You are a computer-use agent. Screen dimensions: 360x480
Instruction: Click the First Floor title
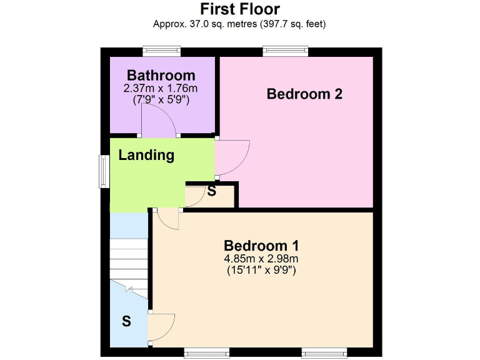point(239,9)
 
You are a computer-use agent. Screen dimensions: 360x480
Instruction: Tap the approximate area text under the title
point(239,24)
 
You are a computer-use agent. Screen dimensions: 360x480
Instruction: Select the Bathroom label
point(161,76)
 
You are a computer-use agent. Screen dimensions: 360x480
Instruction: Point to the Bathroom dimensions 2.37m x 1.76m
point(161,88)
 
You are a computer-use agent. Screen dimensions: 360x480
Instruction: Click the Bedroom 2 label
point(304,94)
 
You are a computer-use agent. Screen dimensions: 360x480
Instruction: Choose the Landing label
point(146,155)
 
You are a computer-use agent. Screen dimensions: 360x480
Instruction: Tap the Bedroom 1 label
point(261,244)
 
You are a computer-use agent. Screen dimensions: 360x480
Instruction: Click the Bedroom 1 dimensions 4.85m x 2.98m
point(261,259)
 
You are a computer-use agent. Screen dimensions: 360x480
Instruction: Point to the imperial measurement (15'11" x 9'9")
point(261,271)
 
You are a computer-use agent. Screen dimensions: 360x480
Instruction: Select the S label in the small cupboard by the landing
point(212,191)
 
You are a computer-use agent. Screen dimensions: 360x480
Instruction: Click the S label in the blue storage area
point(126,322)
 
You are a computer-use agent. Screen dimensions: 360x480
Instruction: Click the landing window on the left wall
point(104,170)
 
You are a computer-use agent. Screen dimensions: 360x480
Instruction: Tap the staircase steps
point(129,260)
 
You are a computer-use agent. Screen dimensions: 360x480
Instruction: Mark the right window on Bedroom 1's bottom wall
point(324,352)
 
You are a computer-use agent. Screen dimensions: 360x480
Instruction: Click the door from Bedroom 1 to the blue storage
point(161,324)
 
